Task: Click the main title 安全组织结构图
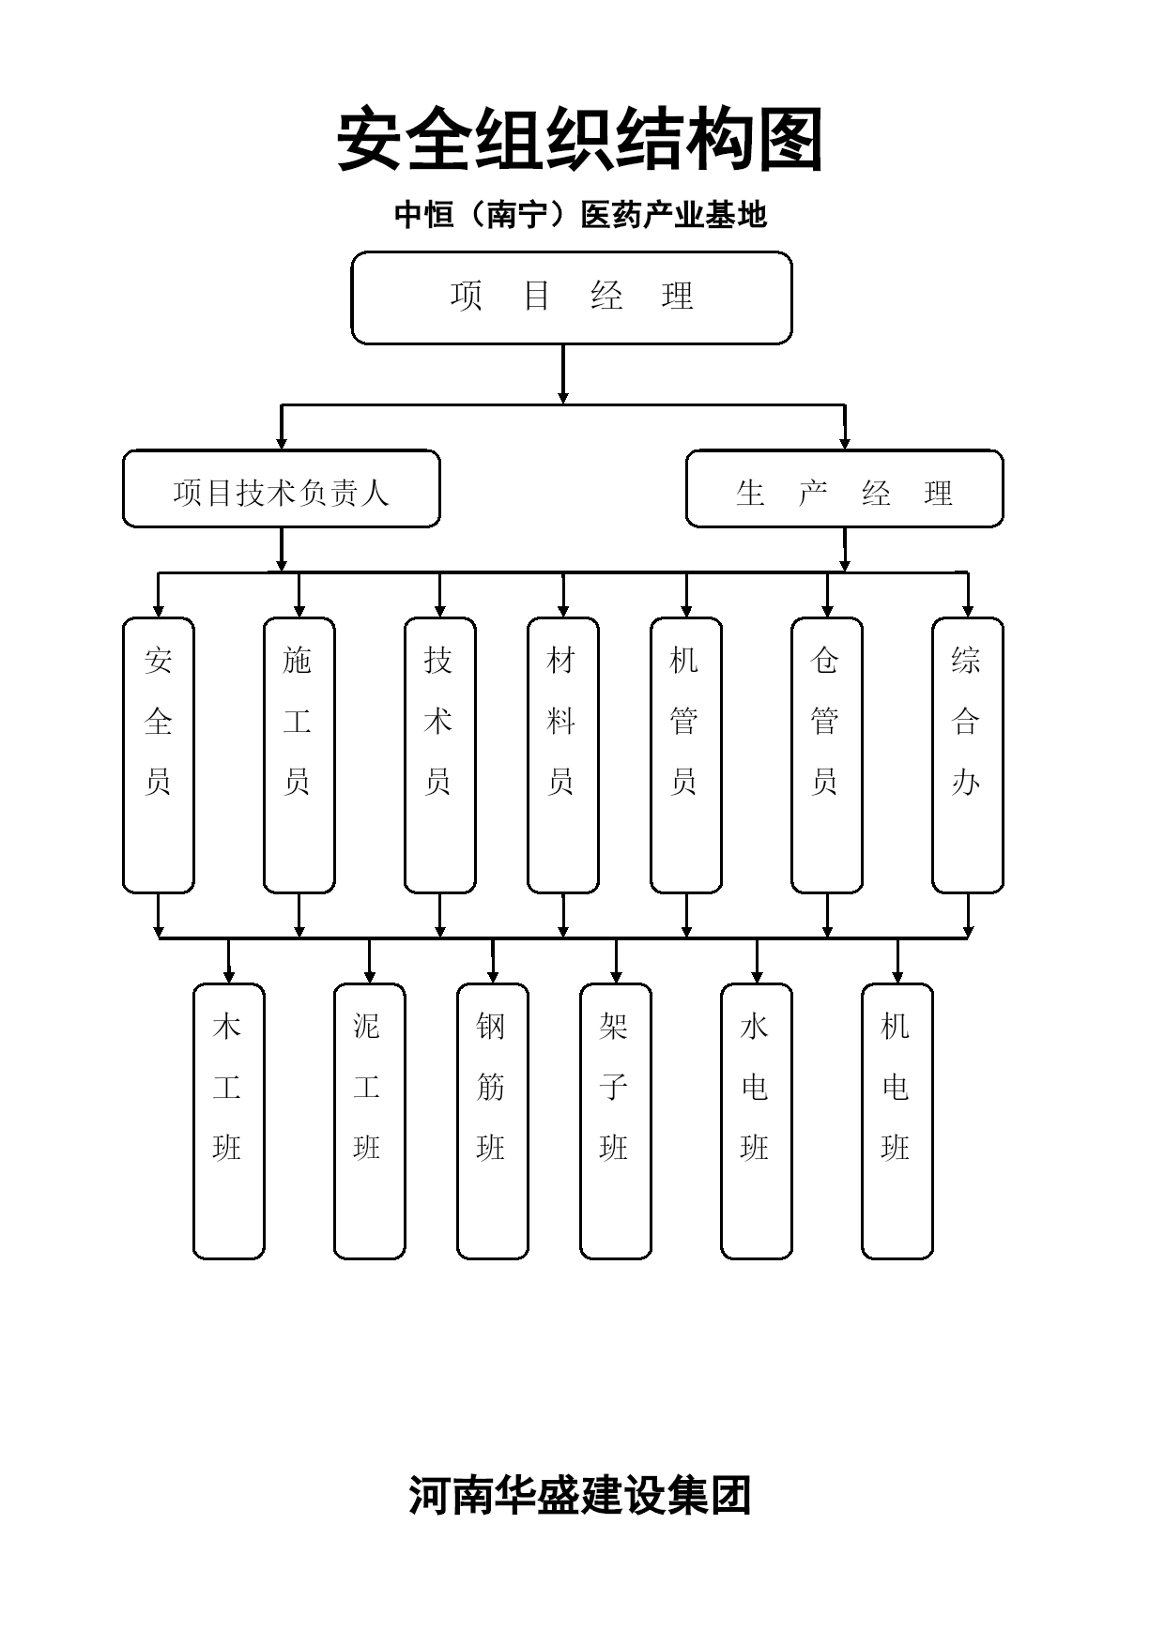[x=580, y=139]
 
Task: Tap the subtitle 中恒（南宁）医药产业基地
[x=580, y=215]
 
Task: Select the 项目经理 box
[x=572, y=297]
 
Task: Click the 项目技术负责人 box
[x=282, y=489]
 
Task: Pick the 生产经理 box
[x=845, y=489]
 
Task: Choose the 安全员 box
[x=159, y=755]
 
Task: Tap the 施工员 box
[x=299, y=755]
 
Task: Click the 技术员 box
[x=440, y=755]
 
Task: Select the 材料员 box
[x=563, y=755]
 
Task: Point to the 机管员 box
[x=686, y=755]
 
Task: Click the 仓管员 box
[x=827, y=755]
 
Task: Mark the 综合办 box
[x=968, y=755]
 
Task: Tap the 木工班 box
[x=229, y=1121]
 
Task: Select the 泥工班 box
[x=370, y=1121]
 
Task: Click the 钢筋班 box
[x=493, y=1121]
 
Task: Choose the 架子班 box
[x=616, y=1121]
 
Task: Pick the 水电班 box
[x=757, y=1121]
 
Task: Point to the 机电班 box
[x=897, y=1121]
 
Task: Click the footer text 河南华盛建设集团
[x=580, y=1495]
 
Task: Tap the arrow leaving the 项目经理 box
[x=563, y=374]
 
